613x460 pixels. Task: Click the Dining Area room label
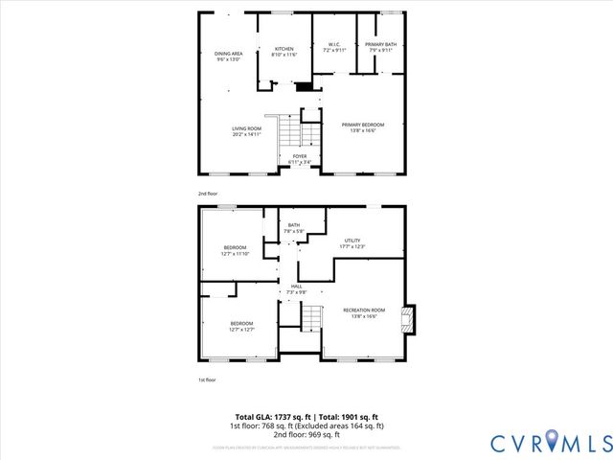tap(227, 57)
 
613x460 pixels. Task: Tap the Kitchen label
tap(285, 52)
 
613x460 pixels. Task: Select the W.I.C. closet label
tap(334, 48)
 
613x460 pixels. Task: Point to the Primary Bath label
tap(380, 48)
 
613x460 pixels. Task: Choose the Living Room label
tap(246, 131)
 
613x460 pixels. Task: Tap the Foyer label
tap(300, 159)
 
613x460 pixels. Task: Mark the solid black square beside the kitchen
tap(305, 87)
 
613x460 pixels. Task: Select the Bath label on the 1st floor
tap(293, 228)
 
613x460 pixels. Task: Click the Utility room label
tap(352, 244)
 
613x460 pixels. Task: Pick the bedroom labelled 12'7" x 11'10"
tap(236, 251)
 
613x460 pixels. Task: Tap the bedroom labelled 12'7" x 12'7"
tap(241, 327)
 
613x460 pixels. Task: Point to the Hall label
tap(297, 288)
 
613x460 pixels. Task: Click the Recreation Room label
tap(364, 312)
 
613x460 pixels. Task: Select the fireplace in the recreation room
tap(408, 320)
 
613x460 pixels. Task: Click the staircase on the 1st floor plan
tap(309, 317)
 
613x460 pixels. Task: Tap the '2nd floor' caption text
tap(209, 194)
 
